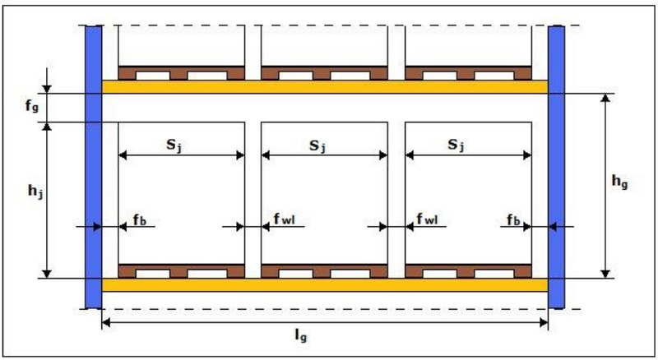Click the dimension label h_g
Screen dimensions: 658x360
pos(619,182)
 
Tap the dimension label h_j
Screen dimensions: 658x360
pos(35,192)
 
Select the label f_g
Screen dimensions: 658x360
pos(32,105)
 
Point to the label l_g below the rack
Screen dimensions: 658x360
pos(301,335)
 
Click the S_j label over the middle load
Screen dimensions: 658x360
pos(317,146)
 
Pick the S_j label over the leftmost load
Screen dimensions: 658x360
pos(174,145)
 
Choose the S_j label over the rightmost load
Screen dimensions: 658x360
pos(456,145)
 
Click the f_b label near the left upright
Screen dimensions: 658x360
pos(139,219)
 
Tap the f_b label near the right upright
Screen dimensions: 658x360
pos(513,219)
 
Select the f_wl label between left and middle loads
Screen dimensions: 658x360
pos(284,219)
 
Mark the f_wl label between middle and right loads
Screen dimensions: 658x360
pos(427,219)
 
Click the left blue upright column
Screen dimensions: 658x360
pos(94,167)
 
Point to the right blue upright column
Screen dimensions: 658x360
pos(557,167)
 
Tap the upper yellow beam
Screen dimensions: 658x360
pos(325,87)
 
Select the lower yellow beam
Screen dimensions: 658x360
pos(325,285)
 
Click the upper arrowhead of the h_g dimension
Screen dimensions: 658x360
pos(605,98)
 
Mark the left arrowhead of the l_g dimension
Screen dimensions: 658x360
pos(106,322)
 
